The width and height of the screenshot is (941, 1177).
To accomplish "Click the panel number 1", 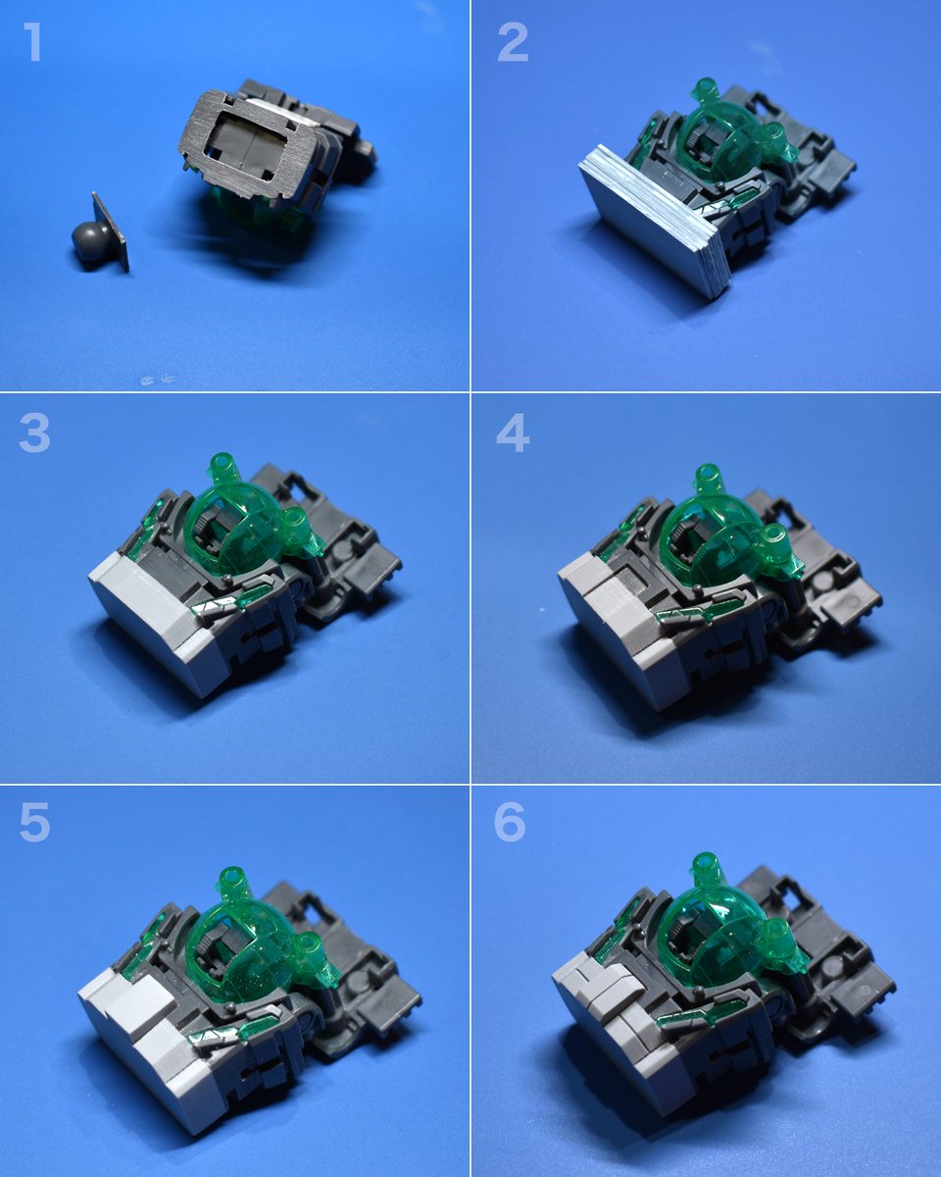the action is pyautogui.click(x=34, y=42).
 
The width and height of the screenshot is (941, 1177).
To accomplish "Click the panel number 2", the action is pyautogui.click(x=513, y=42).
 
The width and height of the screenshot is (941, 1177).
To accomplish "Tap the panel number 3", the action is pyautogui.click(x=34, y=434).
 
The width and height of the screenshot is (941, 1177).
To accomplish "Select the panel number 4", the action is pyautogui.click(x=513, y=434).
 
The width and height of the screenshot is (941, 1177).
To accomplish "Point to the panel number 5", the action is pyautogui.click(x=34, y=822).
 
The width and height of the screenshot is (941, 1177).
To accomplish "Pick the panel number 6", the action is pyautogui.click(x=510, y=822).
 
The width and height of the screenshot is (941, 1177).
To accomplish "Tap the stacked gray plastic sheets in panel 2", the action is pyautogui.click(x=654, y=225).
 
